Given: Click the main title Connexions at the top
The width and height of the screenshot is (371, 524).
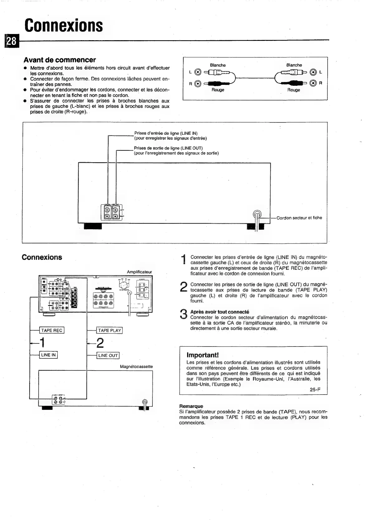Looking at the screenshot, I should [x=64, y=25].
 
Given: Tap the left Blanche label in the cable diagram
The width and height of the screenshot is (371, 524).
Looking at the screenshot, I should [x=218, y=65].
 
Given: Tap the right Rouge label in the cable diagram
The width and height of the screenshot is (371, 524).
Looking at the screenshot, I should [x=293, y=90].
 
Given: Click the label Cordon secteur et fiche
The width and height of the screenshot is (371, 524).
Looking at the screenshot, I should [x=299, y=218].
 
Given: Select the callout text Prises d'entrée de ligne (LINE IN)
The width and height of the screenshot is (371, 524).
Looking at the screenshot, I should [x=166, y=133].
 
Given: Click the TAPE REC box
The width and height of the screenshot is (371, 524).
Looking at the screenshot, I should [x=52, y=330].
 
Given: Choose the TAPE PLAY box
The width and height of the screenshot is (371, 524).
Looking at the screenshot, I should [x=109, y=330].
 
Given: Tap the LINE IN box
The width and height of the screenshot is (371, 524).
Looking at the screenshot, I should [x=48, y=355].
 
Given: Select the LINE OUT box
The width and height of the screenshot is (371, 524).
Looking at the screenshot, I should [x=108, y=355].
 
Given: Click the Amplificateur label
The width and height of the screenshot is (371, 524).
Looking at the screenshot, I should [x=139, y=272].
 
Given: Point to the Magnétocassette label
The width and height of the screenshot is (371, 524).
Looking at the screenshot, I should [x=136, y=366].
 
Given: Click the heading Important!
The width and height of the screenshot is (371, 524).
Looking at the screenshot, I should [x=203, y=355].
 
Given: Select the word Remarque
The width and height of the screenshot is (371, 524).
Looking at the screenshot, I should [x=191, y=406].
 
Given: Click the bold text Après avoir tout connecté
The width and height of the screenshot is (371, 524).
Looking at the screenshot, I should [x=220, y=312].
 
